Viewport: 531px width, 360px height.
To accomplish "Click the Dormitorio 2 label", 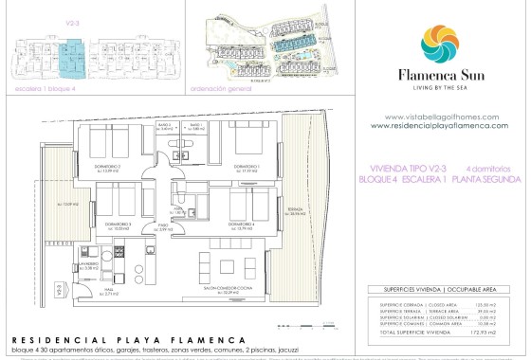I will (107, 167).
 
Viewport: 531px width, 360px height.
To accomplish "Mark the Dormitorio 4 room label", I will (241, 225).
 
